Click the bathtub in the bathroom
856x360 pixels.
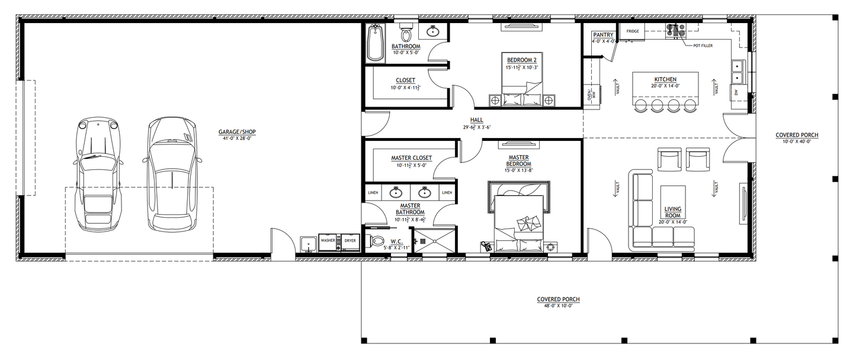(376, 43)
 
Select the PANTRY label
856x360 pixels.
(602, 35)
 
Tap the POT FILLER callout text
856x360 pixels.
(703, 45)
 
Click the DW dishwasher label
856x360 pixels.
(736, 93)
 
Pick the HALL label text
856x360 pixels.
(477, 120)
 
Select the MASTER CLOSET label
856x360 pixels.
(411, 158)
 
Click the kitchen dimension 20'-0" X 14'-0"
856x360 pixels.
(665, 86)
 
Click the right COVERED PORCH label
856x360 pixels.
(797, 135)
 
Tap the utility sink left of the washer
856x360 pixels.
(307, 243)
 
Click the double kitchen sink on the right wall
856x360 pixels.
(738, 72)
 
